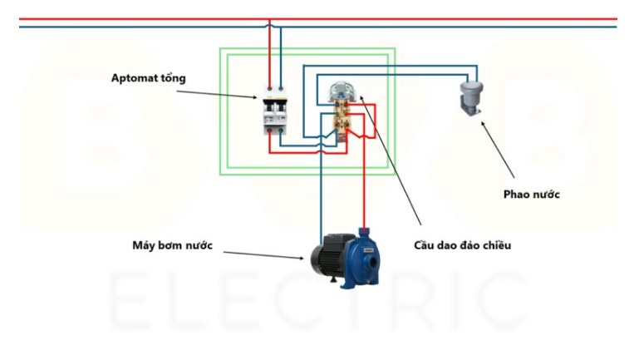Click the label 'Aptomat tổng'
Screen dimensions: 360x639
tap(149, 78)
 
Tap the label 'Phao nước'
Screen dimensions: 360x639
tap(532, 194)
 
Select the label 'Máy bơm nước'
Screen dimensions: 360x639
tap(172, 245)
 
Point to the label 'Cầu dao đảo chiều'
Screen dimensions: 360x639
tap(463, 245)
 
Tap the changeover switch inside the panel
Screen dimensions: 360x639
tap(342, 113)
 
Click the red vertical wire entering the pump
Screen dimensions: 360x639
tap(363, 191)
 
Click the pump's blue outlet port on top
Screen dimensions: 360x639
tap(363, 231)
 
